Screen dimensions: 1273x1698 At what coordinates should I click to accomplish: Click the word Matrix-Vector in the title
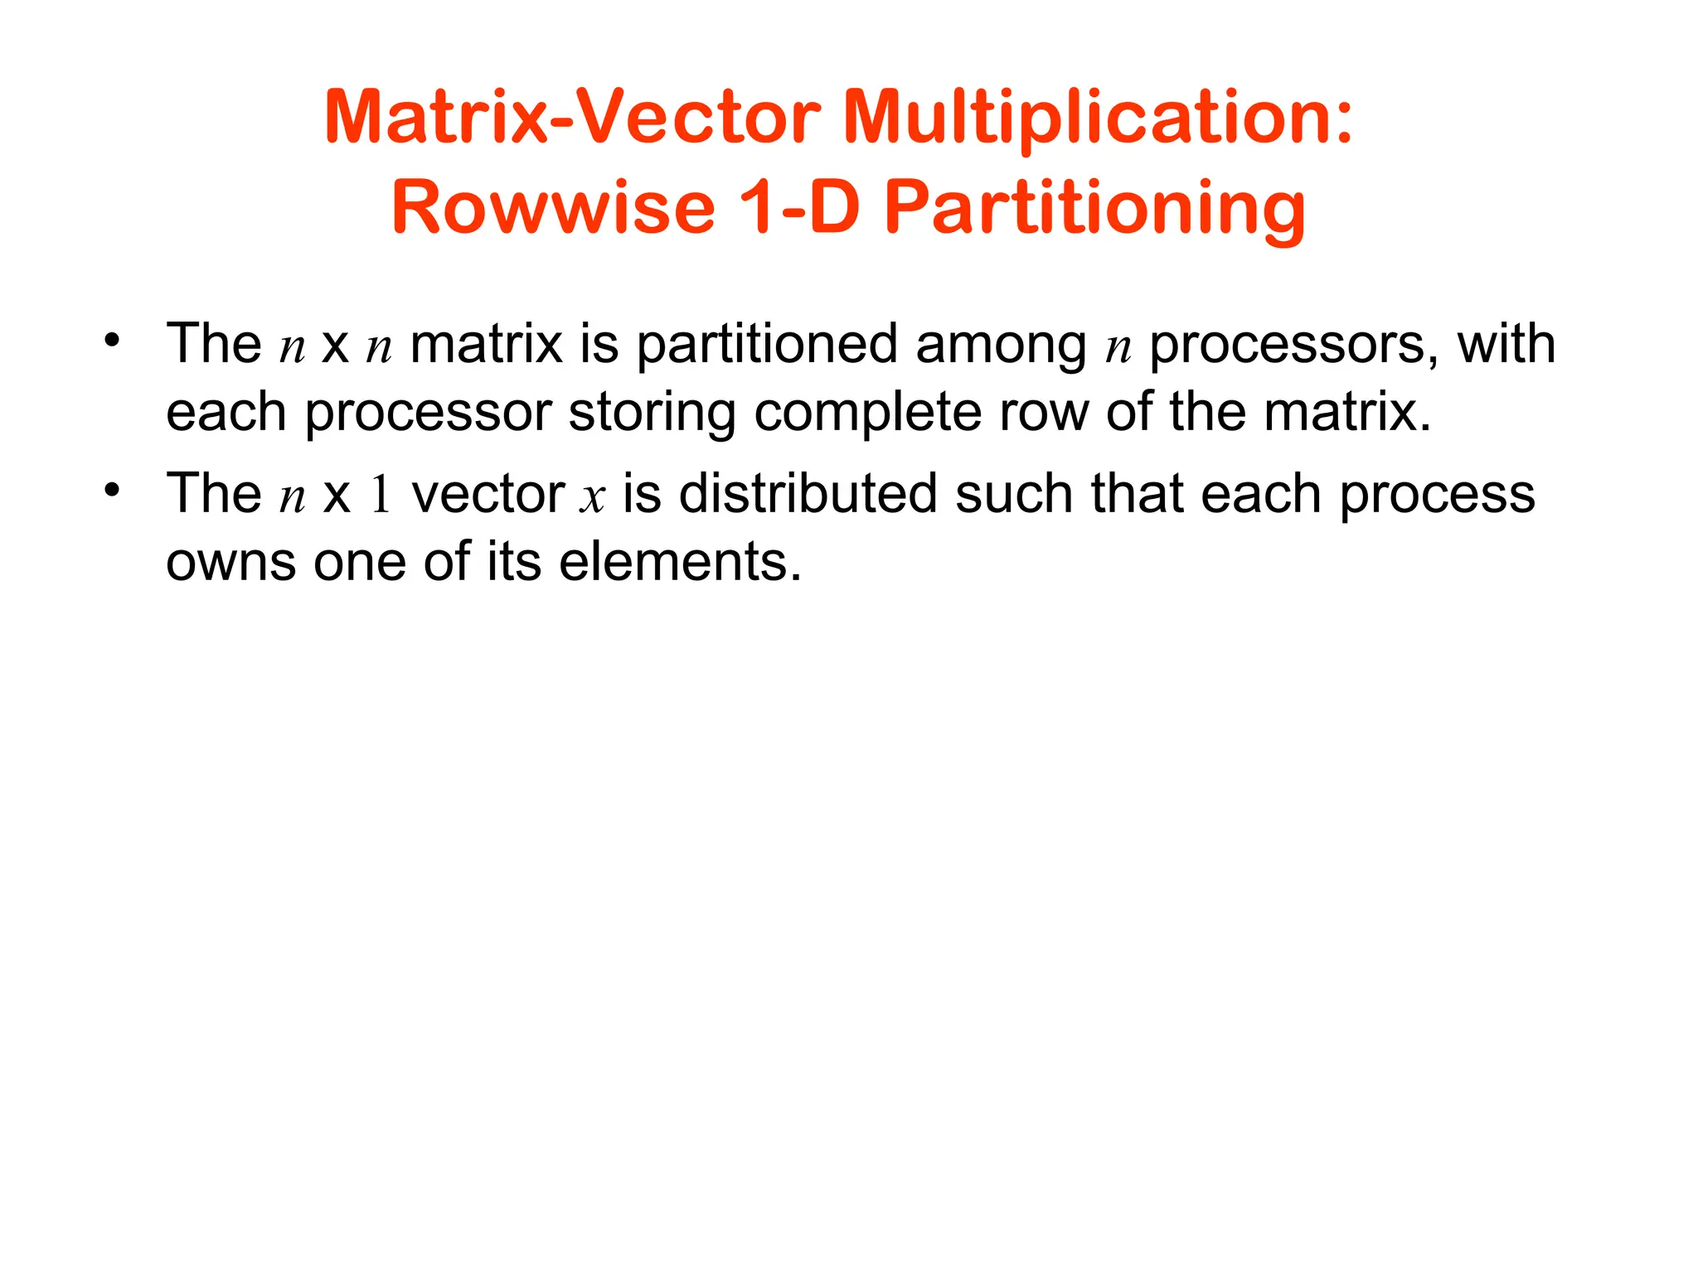(572, 118)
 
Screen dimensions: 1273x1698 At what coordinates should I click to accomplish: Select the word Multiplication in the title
(1097, 118)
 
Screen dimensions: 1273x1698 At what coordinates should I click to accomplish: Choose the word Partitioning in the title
(1095, 209)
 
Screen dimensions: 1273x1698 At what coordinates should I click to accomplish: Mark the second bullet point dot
(112, 491)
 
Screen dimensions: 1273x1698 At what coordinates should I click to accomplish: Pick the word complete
(867, 414)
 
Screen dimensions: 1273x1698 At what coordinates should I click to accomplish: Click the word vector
(488, 495)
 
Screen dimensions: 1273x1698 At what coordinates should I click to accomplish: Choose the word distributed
(808, 495)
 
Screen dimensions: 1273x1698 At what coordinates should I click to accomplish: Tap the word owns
(230, 563)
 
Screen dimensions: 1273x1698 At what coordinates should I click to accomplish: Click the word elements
(680, 563)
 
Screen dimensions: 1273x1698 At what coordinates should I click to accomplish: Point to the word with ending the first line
(1506, 344)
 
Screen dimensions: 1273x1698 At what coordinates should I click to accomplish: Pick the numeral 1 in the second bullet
(381, 495)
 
